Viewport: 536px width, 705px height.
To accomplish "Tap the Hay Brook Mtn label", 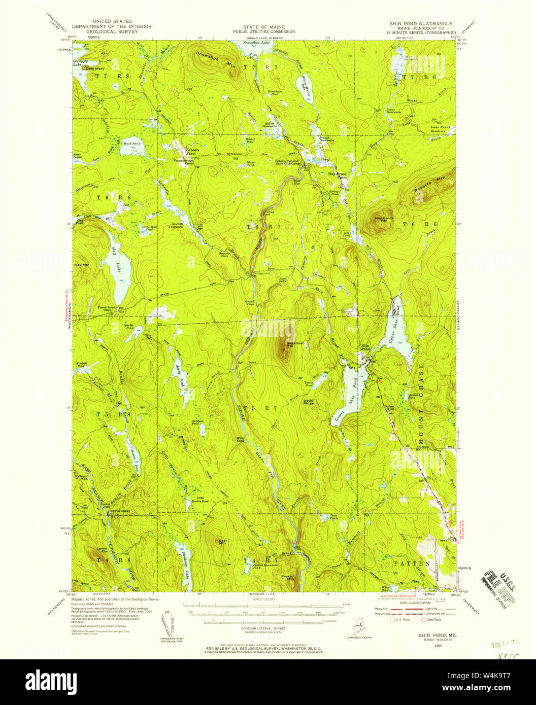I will coord(384,219).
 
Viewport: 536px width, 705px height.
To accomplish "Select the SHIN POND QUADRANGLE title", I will coord(417,23).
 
